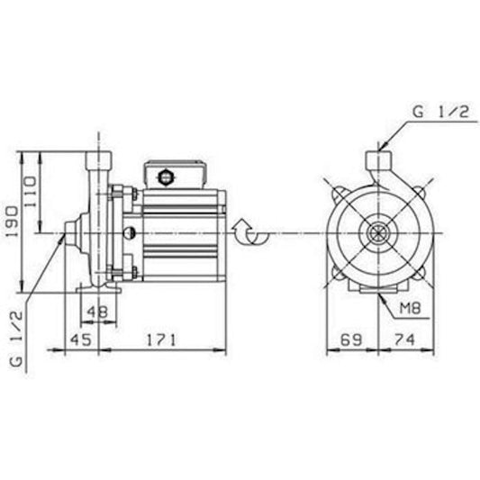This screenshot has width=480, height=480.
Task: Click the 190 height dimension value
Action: [x=14, y=221]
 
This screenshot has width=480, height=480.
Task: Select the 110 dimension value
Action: [x=30, y=191]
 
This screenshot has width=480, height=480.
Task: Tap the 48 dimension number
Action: [x=97, y=312]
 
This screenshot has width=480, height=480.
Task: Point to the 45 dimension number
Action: [x=81, y=340]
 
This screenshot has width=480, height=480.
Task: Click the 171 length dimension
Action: [x=161, y=340]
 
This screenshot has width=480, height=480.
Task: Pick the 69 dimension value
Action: [x=351, y=340]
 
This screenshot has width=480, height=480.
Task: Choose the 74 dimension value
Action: [x=404, y=340]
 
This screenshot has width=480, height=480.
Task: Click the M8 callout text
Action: [x=411, y=308]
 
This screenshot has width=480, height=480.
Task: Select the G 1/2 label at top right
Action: [x=440, y=112]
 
